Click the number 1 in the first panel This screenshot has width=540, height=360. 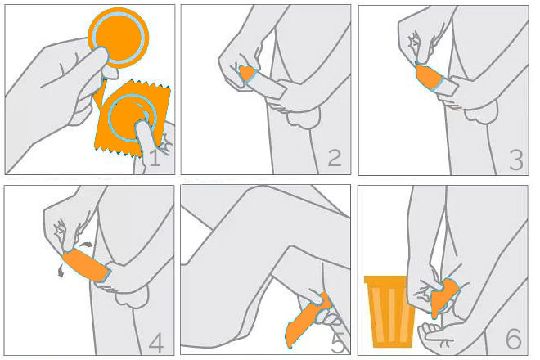click(155, 157)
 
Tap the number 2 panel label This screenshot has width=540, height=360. click(335, 157)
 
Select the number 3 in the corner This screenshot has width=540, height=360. click(516, 160)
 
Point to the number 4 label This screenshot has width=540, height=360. click(156, 344)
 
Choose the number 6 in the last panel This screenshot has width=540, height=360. click(514, 339)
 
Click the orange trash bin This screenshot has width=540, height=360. click(389, 311)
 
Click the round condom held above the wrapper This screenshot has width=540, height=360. click(119, 37)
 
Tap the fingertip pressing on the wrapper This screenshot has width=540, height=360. click(142, 126)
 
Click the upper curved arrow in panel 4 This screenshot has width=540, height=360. click(86, 245)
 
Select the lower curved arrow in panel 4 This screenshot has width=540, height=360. click(61, 271)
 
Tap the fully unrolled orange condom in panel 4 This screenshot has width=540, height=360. click(86, 265)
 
